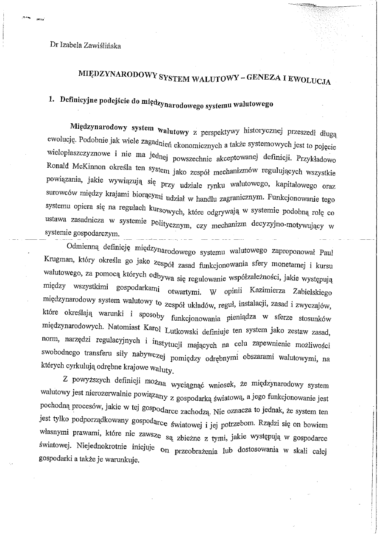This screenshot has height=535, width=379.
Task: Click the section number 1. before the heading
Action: [52, 100]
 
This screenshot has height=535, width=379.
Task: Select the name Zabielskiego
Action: [312, 292]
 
